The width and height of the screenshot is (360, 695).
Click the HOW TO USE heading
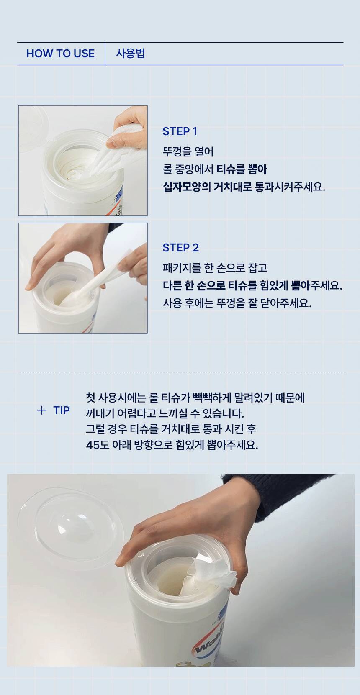(61, 54)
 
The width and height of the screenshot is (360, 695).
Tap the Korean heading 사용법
(130, 54)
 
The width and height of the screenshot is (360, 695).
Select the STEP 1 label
(180, 131)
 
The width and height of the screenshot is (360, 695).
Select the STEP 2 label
(180, 248)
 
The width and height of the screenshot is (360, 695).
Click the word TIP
(62, 410)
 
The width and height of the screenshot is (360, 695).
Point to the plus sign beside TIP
(41, 410)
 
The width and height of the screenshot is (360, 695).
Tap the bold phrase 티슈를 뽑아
(242, 169)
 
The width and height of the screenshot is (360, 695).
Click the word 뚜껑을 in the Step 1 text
(175, 152)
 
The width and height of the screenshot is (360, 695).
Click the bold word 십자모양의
(187, 187)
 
